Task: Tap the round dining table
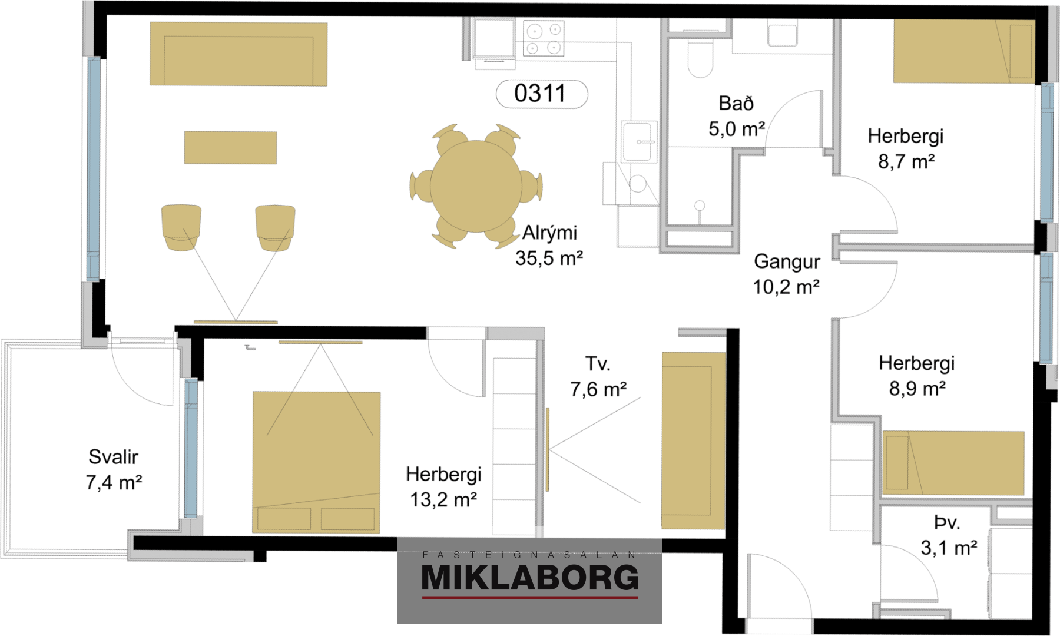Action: tap(476, 187)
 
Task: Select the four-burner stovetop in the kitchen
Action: tap(544, 38)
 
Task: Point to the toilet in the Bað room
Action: tap(700, 58)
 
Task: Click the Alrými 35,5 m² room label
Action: tap(549, 246)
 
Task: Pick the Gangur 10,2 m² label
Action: tap(787, 274)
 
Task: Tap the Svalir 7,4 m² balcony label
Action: tap(114, 469)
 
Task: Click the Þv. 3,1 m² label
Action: tap(949, 535)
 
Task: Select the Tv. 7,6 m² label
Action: tap(598, 377)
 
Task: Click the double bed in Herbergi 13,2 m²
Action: tap(316, 462)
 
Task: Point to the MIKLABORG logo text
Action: tap(530, 578)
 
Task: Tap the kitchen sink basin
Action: tap(638, 141)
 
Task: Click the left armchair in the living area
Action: tap(181, 227)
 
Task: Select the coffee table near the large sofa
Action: tap(230, 147)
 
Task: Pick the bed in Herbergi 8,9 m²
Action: tap(953, 463)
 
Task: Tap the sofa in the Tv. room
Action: tap(693, 440)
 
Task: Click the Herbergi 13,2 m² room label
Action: tap(443, 487)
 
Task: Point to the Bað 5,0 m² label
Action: tap(736, 116)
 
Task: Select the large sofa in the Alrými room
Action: tap(238, 54)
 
